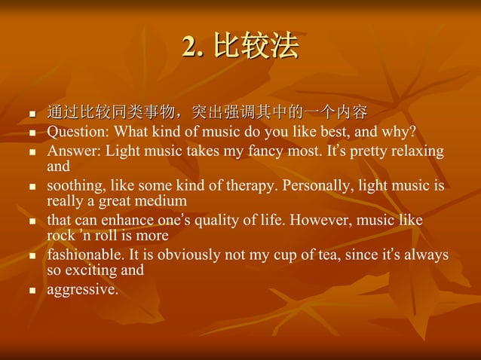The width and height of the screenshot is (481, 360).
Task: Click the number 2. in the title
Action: [x=194, y=47]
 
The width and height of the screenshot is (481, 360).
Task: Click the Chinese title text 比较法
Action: [x=256, y=47]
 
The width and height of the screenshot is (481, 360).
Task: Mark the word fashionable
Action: [x=84, y=255]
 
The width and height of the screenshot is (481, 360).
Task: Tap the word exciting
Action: [x=90, y=270]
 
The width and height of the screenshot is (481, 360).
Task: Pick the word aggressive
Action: [x=82, y=290]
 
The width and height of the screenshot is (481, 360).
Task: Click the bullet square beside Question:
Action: [x=32, y=133]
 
